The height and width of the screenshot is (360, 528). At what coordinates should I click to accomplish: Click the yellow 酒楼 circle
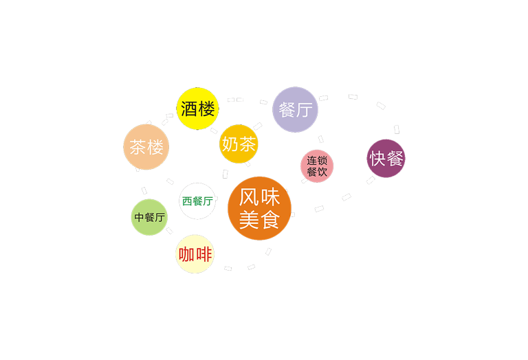point(198,109)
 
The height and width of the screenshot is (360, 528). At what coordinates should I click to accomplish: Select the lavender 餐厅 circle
point(295,110)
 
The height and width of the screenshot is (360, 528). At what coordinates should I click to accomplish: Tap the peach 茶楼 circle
point(146,147)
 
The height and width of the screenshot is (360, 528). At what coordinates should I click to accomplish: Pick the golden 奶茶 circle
point(239,144)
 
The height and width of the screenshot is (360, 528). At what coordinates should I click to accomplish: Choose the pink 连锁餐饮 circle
point(317,166)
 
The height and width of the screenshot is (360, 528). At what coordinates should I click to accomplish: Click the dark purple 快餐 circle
point(386,159)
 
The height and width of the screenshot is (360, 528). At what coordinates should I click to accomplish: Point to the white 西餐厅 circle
point(197,201)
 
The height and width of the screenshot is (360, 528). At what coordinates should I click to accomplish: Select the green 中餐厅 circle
point(149,217)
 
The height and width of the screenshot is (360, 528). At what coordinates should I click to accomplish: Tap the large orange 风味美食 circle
point(260,208)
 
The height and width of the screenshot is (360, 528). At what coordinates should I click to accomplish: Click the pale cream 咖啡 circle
point(195,254)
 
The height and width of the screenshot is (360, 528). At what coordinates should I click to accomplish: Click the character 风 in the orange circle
point(249,197)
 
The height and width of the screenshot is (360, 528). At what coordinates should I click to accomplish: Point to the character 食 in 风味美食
point(269,220)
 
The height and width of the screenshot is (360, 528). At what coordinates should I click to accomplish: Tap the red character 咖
point(186,254)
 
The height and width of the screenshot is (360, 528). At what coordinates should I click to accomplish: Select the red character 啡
point(203,254)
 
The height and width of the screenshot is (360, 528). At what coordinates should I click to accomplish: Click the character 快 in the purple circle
point(377,159)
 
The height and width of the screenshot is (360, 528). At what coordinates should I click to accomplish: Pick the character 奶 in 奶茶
point(230,144)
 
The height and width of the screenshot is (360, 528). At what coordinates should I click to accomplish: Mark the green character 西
point(187,201)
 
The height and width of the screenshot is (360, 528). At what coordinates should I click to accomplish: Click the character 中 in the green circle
point(139,217)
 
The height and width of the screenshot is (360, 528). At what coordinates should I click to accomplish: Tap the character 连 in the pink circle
point(312,161)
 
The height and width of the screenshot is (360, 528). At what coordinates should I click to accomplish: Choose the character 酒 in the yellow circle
point(189,109)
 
